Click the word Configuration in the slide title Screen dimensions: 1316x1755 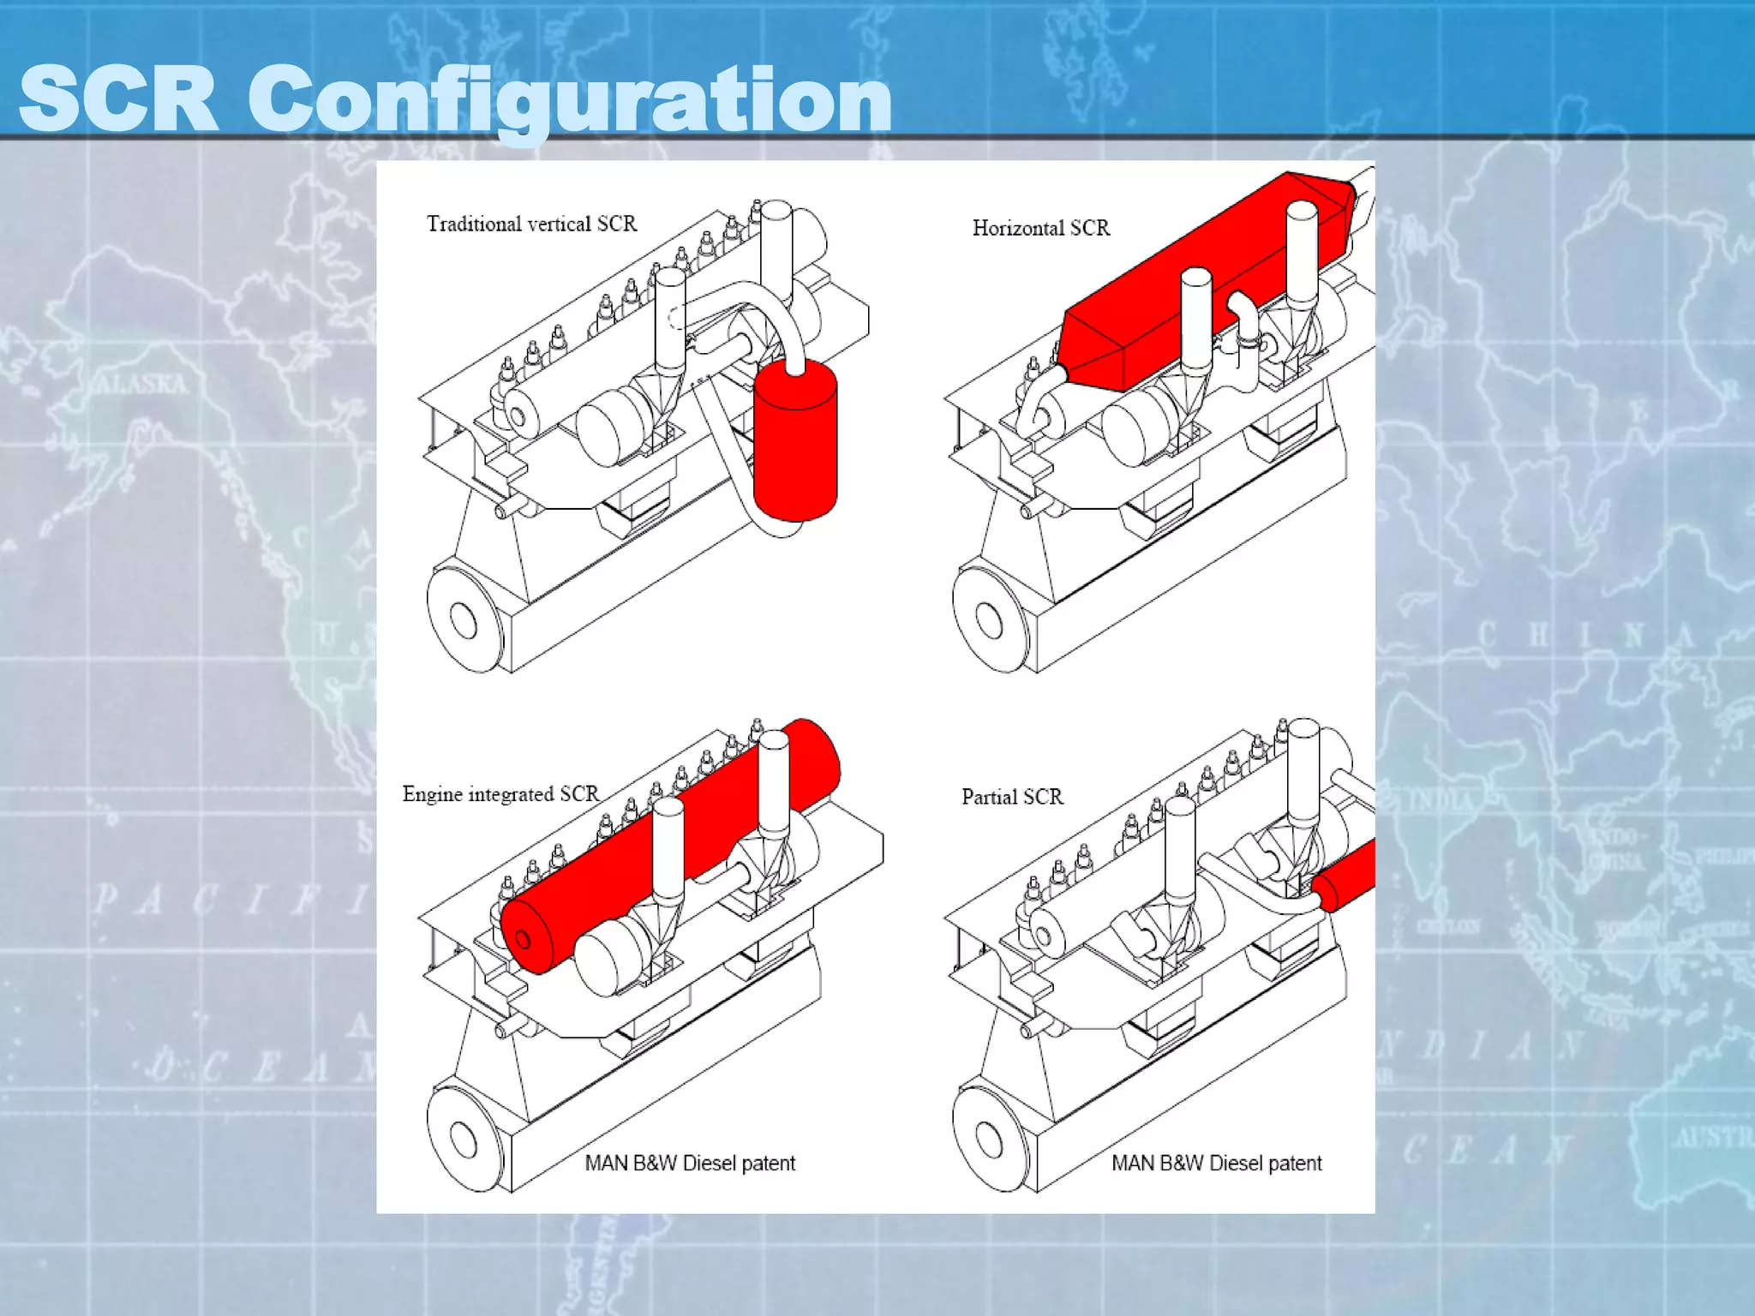[x=570, y=100]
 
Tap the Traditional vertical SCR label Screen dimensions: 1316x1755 [x=531, y=224]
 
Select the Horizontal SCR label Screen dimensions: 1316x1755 [x=1040, y=228]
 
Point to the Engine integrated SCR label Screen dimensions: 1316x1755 [x=500, y=794]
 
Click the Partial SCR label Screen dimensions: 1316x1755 [x=1012, y=797]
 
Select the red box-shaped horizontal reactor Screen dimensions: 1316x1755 [x=1200, y=283]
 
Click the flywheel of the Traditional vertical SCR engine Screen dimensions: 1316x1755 [x=464, y=619]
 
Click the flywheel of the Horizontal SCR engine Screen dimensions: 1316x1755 [x=988, y=619]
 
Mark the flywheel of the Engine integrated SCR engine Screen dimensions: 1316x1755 [x=464, y=1140]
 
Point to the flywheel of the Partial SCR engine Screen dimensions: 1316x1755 [x=988, y=1140]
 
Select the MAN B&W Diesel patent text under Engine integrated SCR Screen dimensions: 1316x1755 [x=690, y=1163]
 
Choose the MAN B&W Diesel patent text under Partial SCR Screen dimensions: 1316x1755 [x=1216, y=1163]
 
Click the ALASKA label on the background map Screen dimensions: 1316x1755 [x=140, y=383]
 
